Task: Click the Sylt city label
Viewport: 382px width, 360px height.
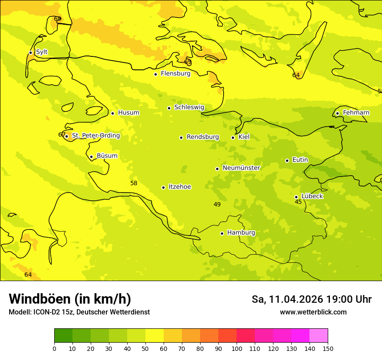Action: [42, 52]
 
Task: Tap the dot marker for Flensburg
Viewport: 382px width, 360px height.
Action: [155, 74]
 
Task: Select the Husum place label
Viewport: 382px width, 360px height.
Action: [128, 113]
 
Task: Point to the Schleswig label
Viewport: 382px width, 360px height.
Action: [189, 107]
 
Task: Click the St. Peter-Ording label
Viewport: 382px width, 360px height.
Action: [96, 136]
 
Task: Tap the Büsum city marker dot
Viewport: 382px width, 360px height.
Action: [91, 157]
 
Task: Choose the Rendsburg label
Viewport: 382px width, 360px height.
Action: [203, 137]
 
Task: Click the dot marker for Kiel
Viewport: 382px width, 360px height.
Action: [233, 137]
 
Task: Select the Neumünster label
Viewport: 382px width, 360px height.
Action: [241, 168]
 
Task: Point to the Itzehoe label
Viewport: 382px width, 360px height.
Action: [180, 187]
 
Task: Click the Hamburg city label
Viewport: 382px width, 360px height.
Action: [241, 233]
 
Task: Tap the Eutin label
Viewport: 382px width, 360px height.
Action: [300, 160]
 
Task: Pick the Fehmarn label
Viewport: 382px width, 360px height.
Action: [356, 113]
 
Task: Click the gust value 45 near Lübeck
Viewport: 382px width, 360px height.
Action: [298, 202]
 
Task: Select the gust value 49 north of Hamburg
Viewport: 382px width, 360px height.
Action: [217, 205]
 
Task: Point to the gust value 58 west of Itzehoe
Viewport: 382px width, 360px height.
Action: [134, 183]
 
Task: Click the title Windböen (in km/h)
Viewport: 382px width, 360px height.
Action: [70, 299]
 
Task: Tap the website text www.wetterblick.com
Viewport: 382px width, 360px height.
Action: [313, 312]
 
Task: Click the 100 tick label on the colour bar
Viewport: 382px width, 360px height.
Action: [237, 348]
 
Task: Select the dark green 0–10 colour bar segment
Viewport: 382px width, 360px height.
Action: [63, 336]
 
